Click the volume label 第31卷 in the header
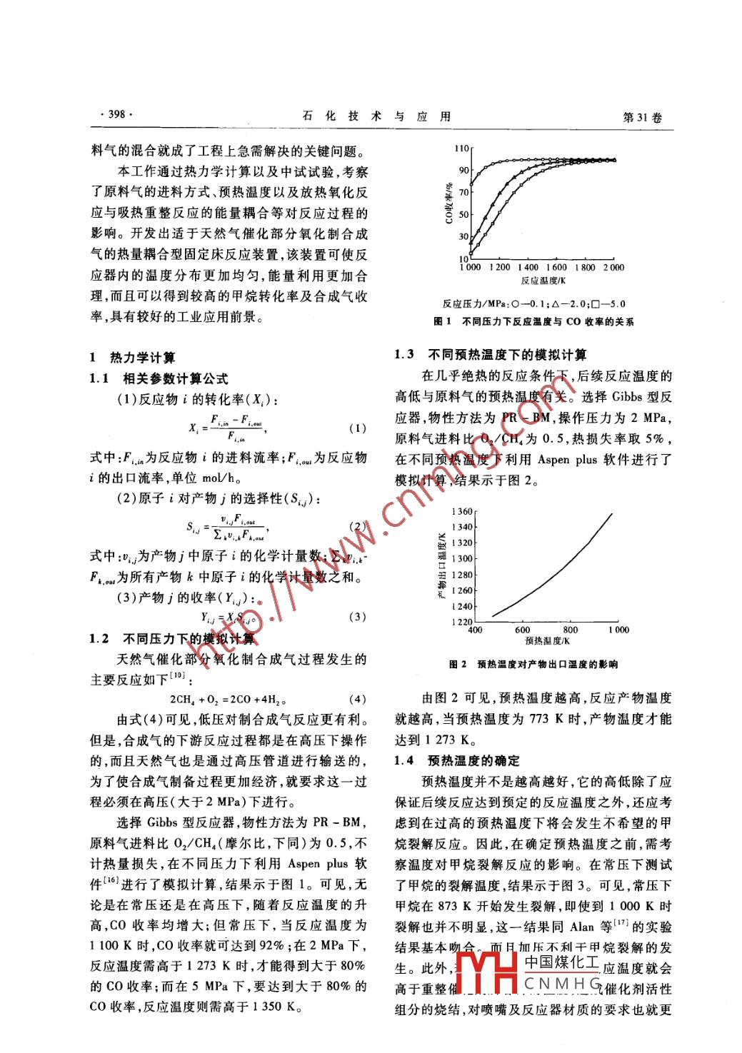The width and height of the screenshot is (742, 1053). coord(642,117)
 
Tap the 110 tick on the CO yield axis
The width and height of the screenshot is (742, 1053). coord(461,148)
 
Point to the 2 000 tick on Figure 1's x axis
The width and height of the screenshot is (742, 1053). coord(613,268)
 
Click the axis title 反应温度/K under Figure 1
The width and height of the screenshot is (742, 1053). coord(543,281)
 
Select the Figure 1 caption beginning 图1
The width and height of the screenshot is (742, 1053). coord(533,322)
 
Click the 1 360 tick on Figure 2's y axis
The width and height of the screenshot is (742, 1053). coord(462,512)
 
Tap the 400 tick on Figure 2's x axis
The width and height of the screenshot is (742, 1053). coord(474,630)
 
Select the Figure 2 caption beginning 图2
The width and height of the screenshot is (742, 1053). coord(533,665)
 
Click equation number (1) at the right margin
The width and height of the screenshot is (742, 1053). coord(357,428)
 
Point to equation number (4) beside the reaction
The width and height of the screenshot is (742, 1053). coord(357,700)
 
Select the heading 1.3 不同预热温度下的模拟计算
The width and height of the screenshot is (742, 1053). coord(491,355)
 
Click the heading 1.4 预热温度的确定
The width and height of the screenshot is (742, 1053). coord(458,760)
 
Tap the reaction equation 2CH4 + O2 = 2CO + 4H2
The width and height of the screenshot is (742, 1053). coord(228,700)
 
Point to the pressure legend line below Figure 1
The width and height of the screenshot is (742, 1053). coord(533,303)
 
